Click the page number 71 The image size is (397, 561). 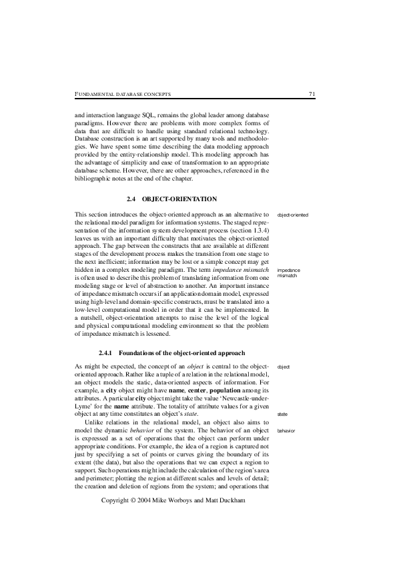312,94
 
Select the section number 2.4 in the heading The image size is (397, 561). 131,199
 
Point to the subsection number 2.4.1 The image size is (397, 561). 107,352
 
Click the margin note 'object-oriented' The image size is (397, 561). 292,215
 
